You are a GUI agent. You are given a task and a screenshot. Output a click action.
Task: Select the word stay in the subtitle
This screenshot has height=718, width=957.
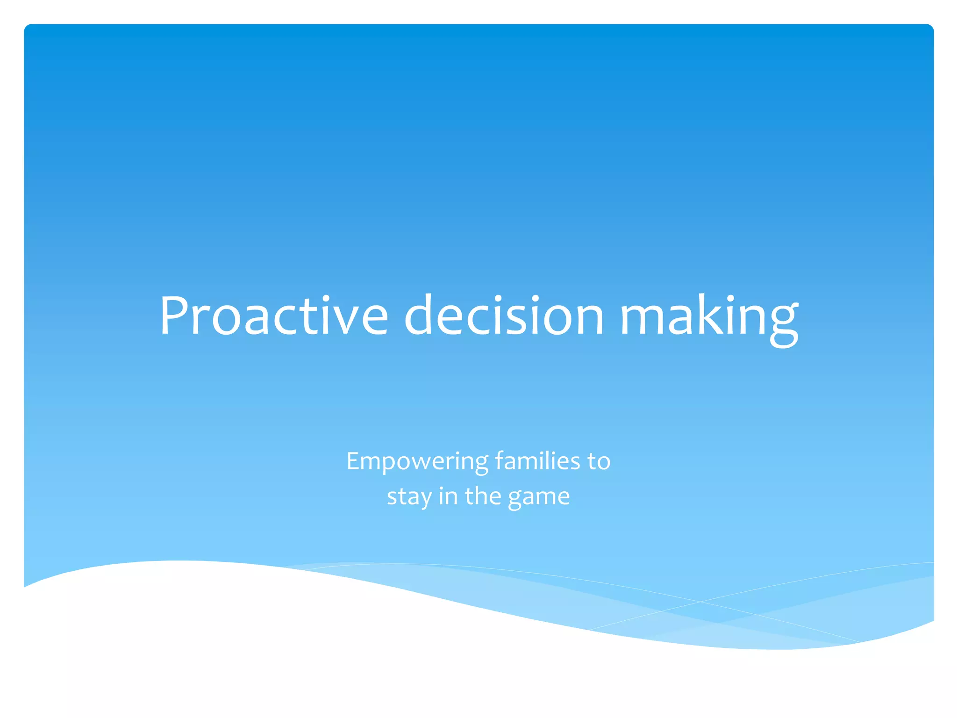coord(409,497)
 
